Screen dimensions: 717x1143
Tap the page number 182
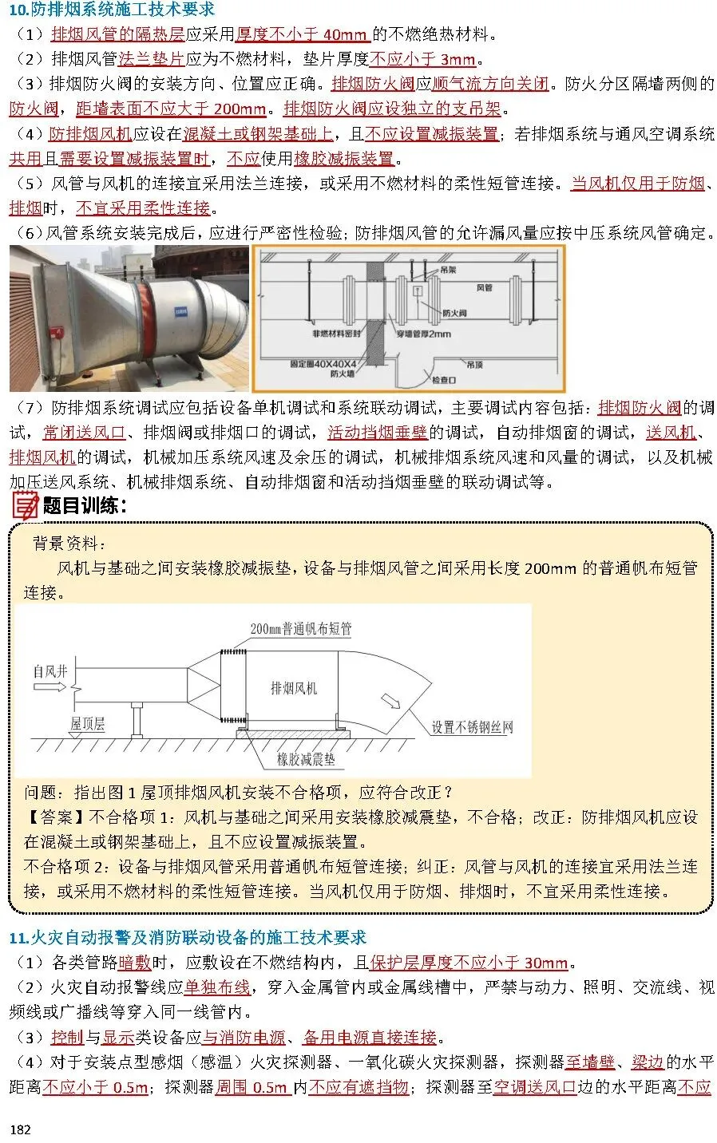coord(20,1129)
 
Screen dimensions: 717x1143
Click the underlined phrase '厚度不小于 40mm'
coord(303,34)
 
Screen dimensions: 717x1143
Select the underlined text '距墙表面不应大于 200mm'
coord(171,109)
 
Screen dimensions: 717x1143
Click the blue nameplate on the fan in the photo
coord(181,310)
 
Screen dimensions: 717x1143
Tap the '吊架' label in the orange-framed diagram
coord(448,270)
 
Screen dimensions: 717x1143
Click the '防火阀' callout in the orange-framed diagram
coord(454,312)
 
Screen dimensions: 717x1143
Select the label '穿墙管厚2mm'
coord(423,334)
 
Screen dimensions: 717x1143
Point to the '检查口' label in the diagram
coord(444,380)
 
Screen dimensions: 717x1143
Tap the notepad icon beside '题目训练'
coord(25,505)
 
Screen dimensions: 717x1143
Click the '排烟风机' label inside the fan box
coord(294,688)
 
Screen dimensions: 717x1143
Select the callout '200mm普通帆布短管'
coord(300,629)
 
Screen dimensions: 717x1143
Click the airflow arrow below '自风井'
coord(50,686)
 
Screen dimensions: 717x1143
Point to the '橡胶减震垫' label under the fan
coord(306,760)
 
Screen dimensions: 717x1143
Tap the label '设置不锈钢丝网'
coord(472,727)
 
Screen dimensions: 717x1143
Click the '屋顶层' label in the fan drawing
coord(87,724)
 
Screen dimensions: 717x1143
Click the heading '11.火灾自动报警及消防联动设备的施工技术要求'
coord(188,937)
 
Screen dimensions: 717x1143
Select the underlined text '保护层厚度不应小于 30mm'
coord(469,963)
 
